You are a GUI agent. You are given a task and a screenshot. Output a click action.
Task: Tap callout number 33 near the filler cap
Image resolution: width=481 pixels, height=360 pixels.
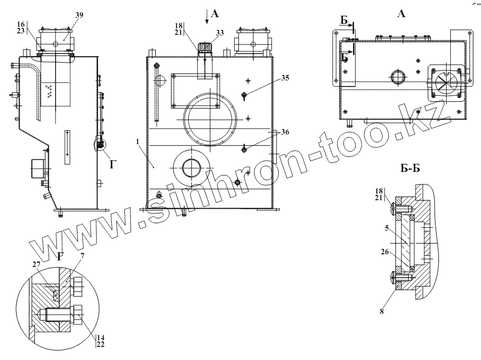coord(219,32)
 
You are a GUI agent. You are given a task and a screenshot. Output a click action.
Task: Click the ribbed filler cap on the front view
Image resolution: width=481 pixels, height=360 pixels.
coord(204,48)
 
